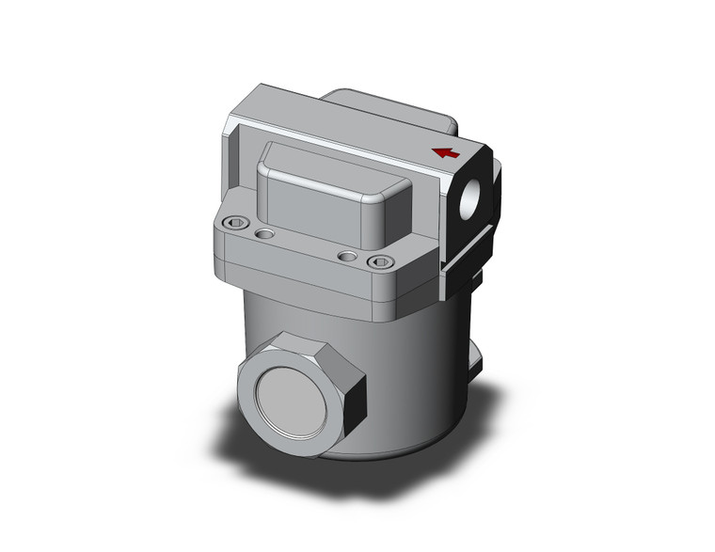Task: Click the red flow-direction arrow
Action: (445, 152)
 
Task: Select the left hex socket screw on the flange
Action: (236, 224)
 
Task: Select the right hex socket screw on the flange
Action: (379, 262)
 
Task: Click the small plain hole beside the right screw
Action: (347, 256)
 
